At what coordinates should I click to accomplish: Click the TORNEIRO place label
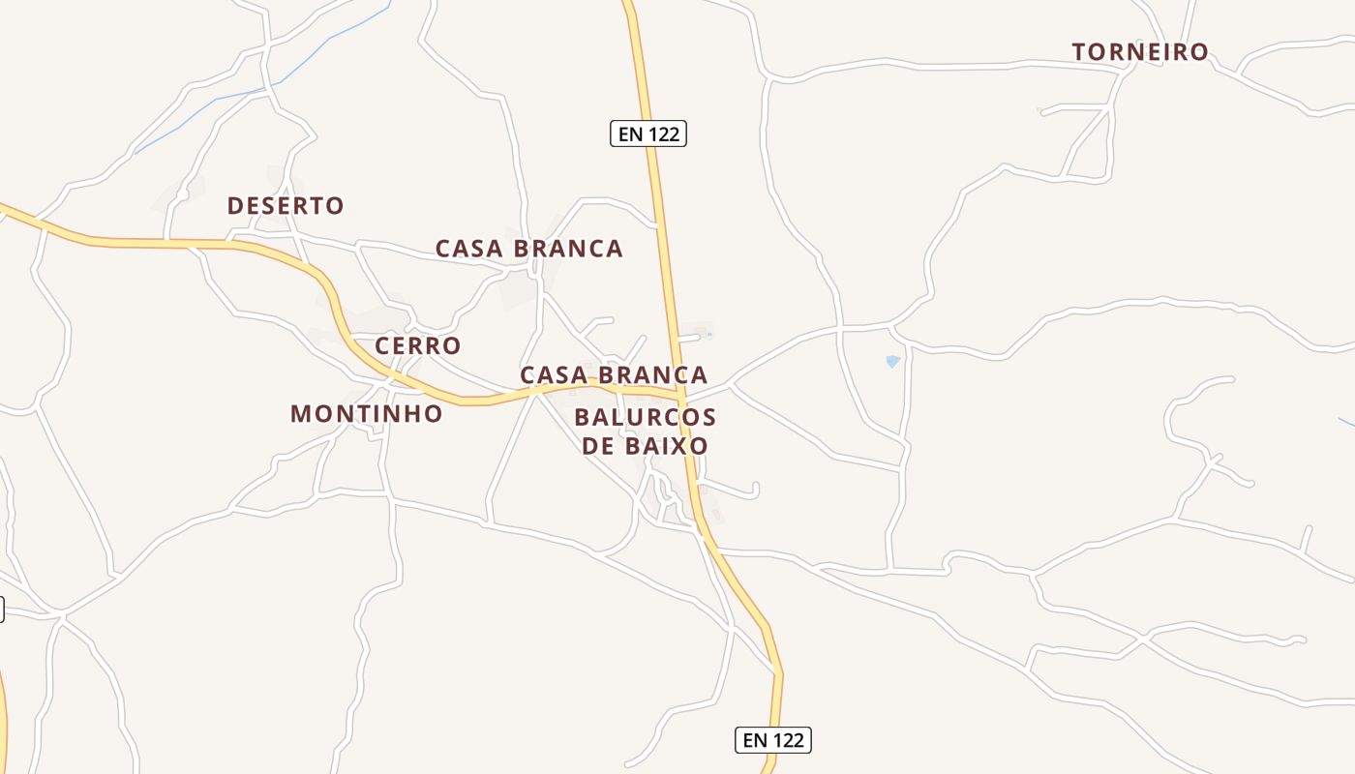(x=1140, y=52)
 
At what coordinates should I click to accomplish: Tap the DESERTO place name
(x=286, y=206)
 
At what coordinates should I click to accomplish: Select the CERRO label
(x=418, y=345)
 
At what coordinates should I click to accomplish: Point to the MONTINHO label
(x=367, y=414)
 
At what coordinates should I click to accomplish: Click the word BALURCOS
(x=645, y=418)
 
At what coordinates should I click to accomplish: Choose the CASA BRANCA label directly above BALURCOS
(x=614, y=374)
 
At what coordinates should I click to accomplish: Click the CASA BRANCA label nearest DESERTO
(x=528, y=249)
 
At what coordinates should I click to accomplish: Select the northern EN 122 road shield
(x=648, y=134)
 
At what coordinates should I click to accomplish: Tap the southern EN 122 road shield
(x=772, y=740)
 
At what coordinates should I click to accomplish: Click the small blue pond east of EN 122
(x=892, y=361)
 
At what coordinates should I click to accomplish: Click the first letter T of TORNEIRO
(x=1080, y=52)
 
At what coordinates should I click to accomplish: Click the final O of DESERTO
(x=335, y=206)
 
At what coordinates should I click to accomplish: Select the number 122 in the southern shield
(x=786, y=740)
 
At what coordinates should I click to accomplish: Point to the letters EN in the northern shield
(x=630, y=134)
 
